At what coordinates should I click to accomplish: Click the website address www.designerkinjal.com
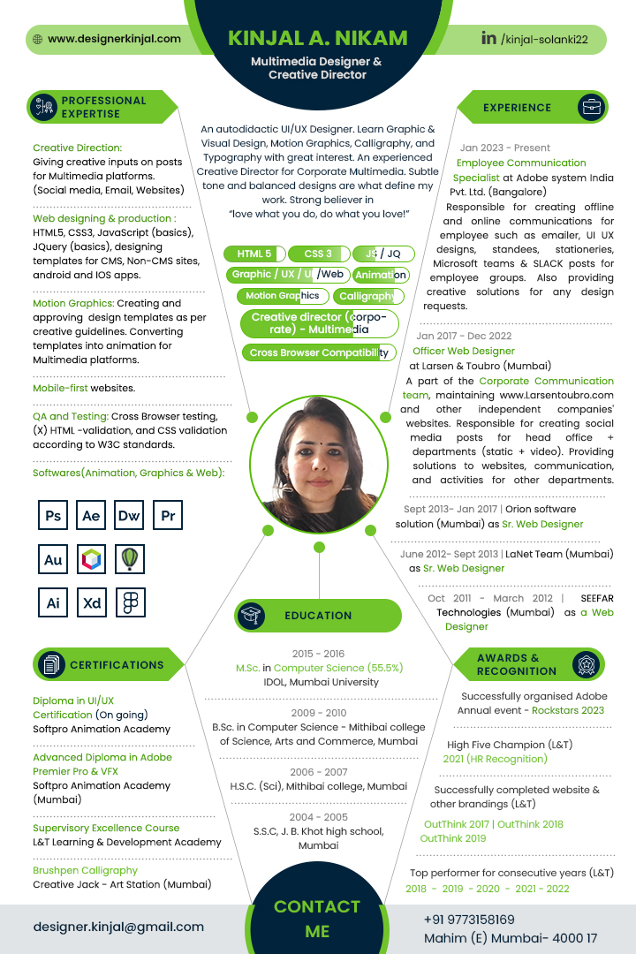[x=114, y=39]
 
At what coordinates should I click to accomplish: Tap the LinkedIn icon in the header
[x=488, y=38]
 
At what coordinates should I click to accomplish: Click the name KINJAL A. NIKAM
[x=318, y=38]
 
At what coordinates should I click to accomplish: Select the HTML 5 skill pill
[x=254, y=254]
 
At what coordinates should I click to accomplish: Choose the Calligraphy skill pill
[x=367, y=296]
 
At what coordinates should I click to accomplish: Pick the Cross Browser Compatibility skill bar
[x=318, y=352]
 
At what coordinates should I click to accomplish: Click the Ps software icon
[x=53, y=516]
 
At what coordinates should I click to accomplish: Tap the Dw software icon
[x=129, y=516]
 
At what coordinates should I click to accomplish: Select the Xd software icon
[x=92, y=603]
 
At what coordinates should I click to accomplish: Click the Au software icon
[x=53, y=559]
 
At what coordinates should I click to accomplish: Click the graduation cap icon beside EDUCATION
[x=251, y=616]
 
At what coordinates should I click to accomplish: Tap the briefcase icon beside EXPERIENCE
[x=591, y=107]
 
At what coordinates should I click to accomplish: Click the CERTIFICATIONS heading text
[x=117, y=665]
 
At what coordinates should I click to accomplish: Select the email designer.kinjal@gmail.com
[x=118, y=927]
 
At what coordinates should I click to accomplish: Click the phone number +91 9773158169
[x=468, y=920]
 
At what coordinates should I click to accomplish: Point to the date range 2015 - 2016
[x=318, y=654]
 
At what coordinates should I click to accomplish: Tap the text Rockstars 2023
[x=567, y=710]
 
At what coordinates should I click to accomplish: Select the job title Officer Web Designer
[x=463, y=351]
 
